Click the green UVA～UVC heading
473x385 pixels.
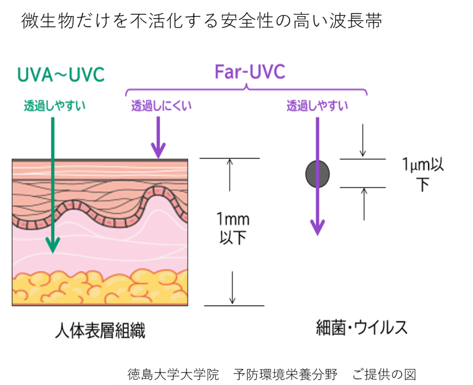pos(60,75)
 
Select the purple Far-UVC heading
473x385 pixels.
pos(249,72)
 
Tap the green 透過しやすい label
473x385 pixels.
pos(55,106)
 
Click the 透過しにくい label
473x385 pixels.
pos(161,107)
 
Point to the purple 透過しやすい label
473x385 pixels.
pos(317,107)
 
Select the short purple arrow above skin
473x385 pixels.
pos(158,138)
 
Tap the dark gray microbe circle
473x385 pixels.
pos(317,173)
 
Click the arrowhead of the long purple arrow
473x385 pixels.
pos(317,228)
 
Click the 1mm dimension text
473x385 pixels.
pos(233,218)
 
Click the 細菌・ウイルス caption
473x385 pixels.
pos(361,327)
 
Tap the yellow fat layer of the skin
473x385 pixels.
pos(100,289)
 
